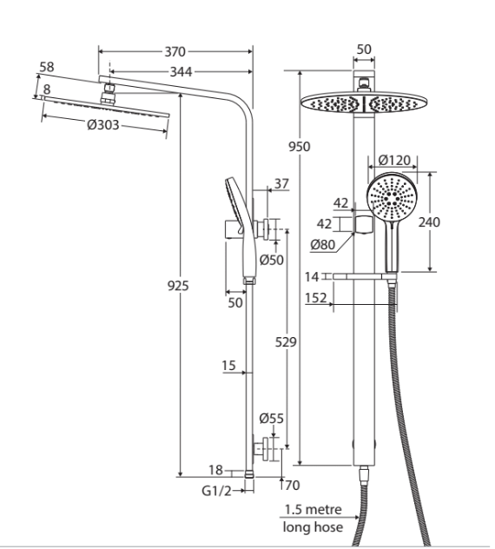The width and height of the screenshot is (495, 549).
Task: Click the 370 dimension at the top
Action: point(175,52)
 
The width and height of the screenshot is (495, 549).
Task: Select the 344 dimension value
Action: point(181,72)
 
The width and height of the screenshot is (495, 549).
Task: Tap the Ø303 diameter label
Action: point(103,124)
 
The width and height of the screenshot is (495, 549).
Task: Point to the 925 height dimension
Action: point(178,286)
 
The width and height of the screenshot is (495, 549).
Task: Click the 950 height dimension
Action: point(300,146)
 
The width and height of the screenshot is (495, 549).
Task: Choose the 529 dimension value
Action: point(286,341)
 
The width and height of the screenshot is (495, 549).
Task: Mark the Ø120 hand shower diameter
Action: point(394,161)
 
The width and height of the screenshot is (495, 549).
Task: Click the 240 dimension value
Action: point(429,222)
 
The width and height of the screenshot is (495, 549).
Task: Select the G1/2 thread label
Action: point(217,491)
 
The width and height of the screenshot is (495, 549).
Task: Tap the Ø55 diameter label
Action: point(272,418)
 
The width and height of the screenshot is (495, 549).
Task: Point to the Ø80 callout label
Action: point(323,244)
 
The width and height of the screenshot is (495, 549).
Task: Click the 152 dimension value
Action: point(316,298)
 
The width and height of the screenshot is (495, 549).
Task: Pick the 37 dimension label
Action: point(282,183)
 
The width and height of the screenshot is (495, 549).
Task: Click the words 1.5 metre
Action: point(313,509)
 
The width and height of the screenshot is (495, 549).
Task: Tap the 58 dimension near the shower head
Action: point(47,67)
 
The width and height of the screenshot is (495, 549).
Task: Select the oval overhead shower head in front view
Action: point(364,103)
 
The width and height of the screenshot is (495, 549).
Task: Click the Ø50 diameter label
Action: point(272,260)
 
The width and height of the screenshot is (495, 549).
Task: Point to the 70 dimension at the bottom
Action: point(293,486)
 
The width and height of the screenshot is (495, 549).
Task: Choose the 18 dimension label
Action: point(215,470)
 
